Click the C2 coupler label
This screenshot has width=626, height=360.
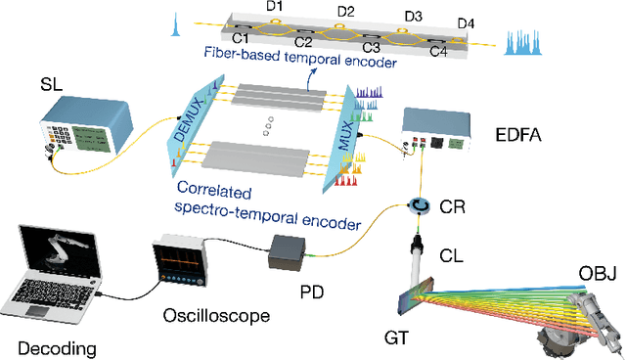coord(303,44)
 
